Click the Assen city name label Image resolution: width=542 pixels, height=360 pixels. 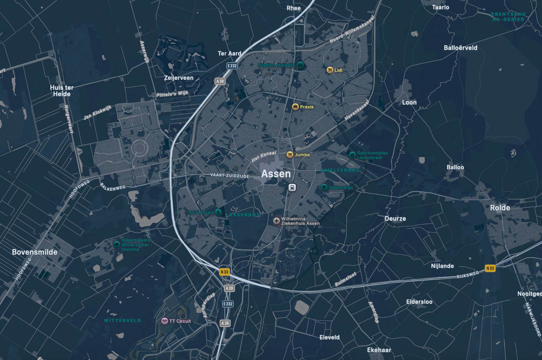coord(276,174)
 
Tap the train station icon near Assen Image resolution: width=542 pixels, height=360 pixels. coord(292,188)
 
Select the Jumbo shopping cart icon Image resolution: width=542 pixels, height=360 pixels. coord(290,155)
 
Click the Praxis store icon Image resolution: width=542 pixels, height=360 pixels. coord(295,107)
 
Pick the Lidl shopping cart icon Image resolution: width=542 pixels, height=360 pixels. coord(330,70)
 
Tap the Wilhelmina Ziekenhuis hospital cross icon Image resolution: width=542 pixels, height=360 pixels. coord(276,221)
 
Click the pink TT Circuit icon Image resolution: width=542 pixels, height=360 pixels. coord(164,321)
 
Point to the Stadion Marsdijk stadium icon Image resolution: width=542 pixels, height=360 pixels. coord(300,65)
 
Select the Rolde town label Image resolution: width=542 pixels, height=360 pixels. coord(500,208)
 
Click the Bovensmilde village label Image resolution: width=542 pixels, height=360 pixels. coord(34,252)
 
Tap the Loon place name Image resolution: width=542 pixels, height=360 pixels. coord(409,102)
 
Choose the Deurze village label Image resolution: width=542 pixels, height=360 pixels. coord(395,219)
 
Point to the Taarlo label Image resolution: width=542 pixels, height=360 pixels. coord(440,7)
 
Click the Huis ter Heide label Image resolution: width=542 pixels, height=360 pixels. coord(62,91)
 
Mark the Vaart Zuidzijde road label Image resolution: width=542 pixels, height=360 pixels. coord(230,176)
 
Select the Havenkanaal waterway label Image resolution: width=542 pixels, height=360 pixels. coord(357,110)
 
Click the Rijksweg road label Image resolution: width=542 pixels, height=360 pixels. coord(467,275)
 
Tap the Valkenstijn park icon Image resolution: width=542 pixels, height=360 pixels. coord(324,187)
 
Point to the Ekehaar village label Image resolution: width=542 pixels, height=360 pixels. coord(379,350)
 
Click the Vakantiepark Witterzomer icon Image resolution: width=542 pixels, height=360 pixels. coord(117,244)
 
